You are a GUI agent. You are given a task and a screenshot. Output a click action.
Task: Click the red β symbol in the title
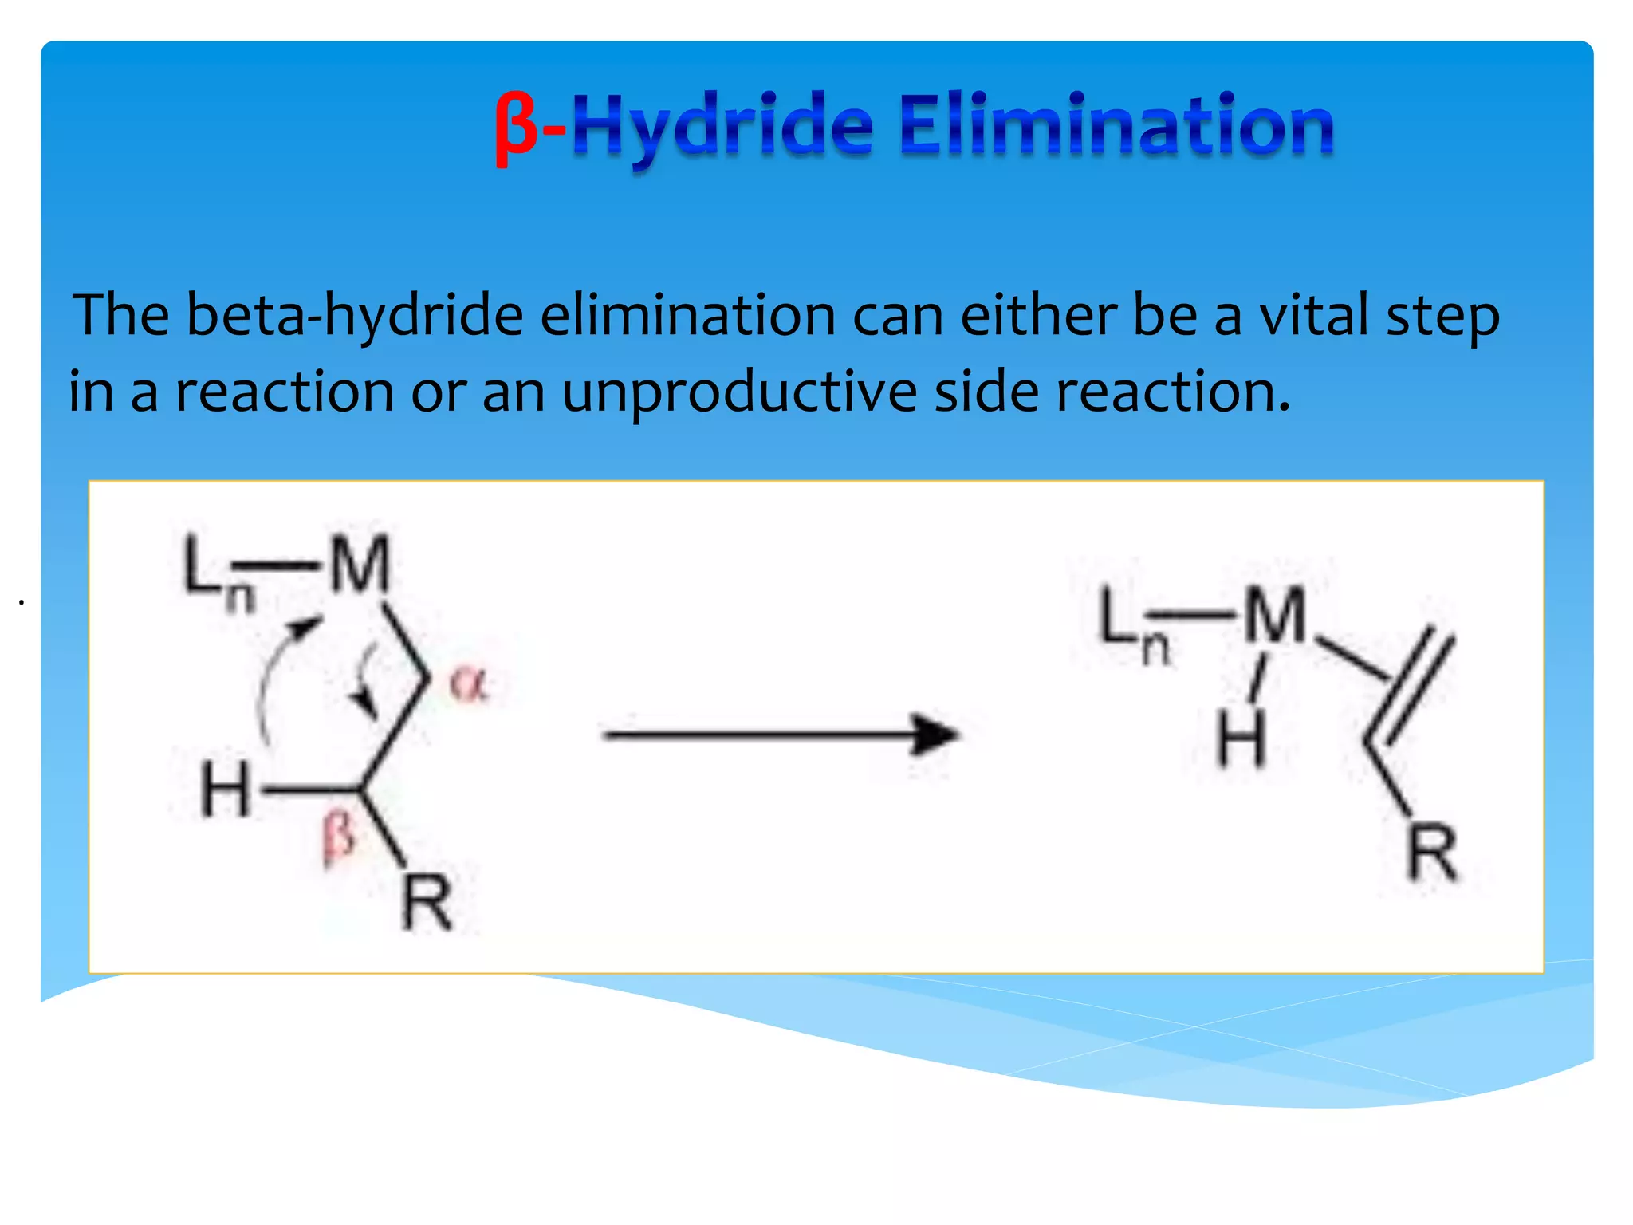(515, 128)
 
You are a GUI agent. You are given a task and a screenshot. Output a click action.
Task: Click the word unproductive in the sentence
(739, 392)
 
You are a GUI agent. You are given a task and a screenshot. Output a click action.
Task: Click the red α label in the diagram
(468, 683)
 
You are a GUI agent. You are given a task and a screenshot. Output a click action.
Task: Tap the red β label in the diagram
(338, 837)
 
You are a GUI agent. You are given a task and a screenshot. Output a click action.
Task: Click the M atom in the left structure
(360, 565)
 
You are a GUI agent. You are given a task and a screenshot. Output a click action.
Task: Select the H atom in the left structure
(225, 790)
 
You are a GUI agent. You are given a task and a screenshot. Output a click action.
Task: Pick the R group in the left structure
(427, 903)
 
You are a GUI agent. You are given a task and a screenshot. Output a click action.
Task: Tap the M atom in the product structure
(1275, 615)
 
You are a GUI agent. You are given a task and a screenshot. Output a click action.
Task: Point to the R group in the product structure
(1432, 853)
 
